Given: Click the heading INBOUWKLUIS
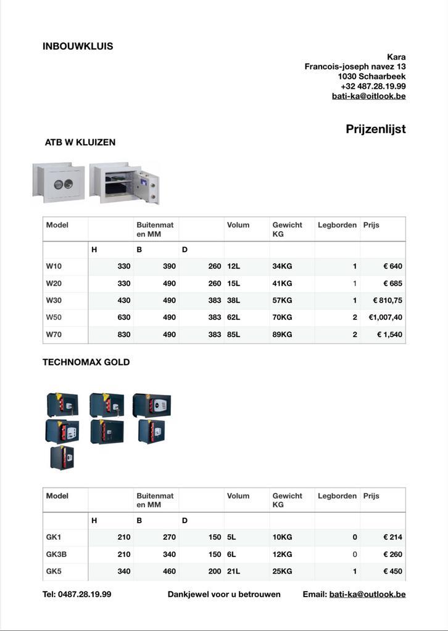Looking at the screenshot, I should click(78, 46).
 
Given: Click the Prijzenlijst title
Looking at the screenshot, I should click(375, 129).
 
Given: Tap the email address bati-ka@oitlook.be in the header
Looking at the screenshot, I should click(368, 96).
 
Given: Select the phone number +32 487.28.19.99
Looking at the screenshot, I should click(373, 86).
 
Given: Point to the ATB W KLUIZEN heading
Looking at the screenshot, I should click(80, 142).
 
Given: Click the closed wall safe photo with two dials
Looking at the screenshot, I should click(59, 182).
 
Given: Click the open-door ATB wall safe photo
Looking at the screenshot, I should click(125, 182).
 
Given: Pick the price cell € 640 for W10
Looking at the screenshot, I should click(392, 266).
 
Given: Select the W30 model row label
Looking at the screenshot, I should click(54, 300).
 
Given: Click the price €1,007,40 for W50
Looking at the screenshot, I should click(386, 317).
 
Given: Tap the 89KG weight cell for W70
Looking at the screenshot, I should click(282, 335).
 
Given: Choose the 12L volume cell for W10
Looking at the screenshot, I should click(233, 266).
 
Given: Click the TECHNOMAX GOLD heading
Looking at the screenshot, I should click(86, 362).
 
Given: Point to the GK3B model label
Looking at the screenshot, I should click(56, 554).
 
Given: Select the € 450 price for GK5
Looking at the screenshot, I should click(392, 571).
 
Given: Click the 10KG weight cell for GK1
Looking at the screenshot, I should click(282, 537).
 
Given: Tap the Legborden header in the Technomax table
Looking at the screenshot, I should click(337, 495).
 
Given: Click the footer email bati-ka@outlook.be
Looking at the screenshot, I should click(367, 594).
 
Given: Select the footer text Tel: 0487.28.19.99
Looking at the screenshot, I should click(77, 594).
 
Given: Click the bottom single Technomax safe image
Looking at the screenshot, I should click(62, 458).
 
